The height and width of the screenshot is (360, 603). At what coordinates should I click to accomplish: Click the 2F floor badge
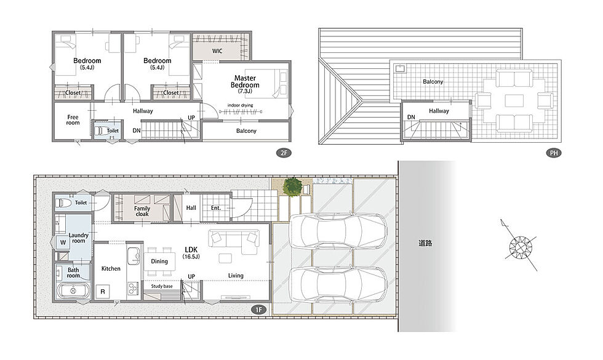point(284,153)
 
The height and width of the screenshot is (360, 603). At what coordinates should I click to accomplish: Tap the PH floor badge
point(554,153)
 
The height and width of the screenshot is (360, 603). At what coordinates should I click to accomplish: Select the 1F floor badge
point(259,310)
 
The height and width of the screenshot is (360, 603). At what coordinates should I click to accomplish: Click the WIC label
point(217,50)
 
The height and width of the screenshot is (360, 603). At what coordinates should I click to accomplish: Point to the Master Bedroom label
point(245,81)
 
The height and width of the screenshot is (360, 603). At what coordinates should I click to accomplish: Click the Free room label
point(73,119)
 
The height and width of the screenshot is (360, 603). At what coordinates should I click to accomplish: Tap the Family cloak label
point(142,211)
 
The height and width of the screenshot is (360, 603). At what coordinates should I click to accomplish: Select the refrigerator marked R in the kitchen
point(103,292)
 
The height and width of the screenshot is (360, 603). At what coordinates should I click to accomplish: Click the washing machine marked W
point(63,242)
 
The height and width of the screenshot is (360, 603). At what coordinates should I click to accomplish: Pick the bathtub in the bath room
point(73,290)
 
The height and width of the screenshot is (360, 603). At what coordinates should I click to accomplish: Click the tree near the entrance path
point(293,187)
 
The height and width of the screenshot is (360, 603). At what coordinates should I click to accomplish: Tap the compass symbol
point(520,246)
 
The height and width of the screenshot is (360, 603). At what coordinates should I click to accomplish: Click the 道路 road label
point(426,243)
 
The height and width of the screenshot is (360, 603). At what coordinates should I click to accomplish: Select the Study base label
point(162,286)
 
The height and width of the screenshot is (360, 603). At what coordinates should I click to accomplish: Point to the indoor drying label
point(241,105)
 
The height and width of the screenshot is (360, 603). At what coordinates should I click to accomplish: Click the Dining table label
point(159,261)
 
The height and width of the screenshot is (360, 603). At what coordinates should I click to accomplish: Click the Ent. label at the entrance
point(216,208)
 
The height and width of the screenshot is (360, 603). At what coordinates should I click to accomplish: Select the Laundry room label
point(79,238)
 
